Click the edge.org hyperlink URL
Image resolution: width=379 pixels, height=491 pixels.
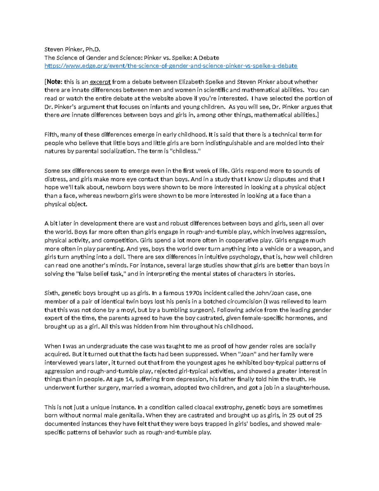point(171,66)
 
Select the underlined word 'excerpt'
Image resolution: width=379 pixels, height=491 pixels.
point(100,82)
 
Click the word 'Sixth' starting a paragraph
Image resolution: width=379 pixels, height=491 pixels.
point(51,293)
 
